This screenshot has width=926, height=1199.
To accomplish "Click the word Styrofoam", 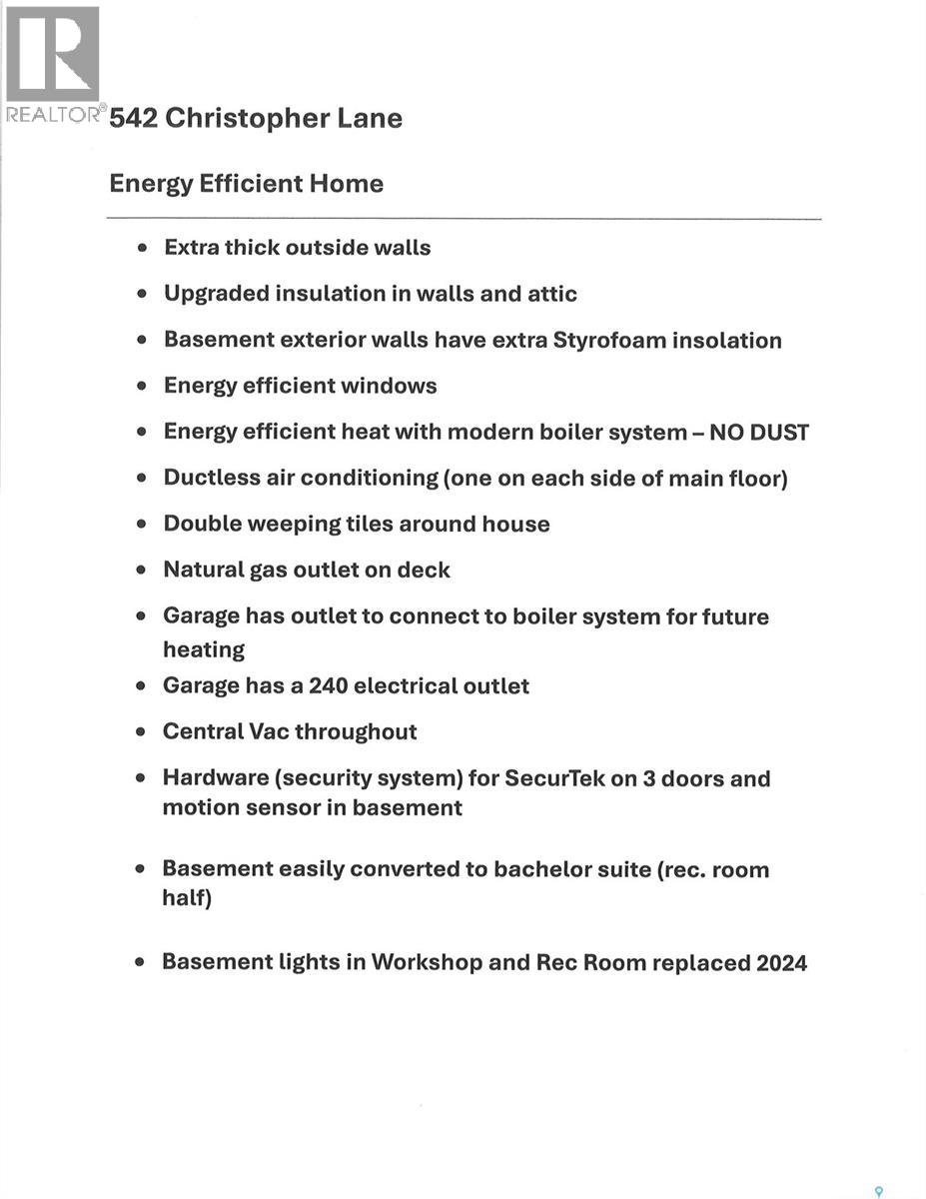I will pyautogui.click(x=607, y=340).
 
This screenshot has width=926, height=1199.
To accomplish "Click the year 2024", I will pyautogui.click(x=781, y=962).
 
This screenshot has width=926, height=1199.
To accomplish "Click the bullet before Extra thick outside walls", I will pyautogui.click(x=144, y=248).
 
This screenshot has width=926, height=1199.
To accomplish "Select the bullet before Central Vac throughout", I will pyautogui.click(x=143, y=731).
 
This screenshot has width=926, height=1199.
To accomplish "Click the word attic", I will pyautogui.click(x=547, y=294).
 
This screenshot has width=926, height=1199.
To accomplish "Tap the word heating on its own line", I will pyautogui.click(x=204, y=649).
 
